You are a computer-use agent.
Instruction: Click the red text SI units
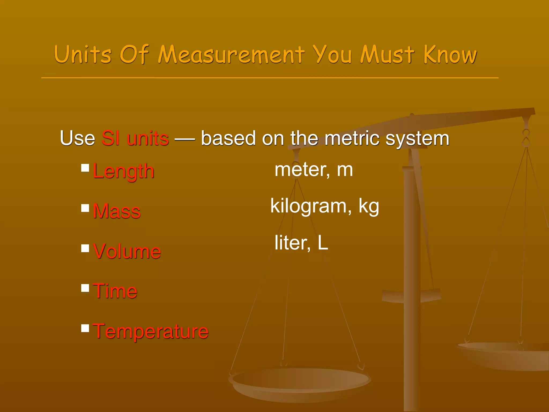tap(135, 138)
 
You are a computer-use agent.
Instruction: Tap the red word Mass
tap(117, 211)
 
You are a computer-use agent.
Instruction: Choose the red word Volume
tap(127, 251)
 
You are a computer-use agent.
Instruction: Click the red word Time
tap(115, 291)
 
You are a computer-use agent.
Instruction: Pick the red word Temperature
tap(151, 332)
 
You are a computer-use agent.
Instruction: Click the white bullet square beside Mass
tap(85, 208)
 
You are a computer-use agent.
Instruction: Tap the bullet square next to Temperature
tap(85, 328)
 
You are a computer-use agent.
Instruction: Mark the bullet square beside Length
tap(85, 168)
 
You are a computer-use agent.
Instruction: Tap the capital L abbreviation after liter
tap(323, 242)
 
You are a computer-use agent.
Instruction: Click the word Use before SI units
tap(77, 138)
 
